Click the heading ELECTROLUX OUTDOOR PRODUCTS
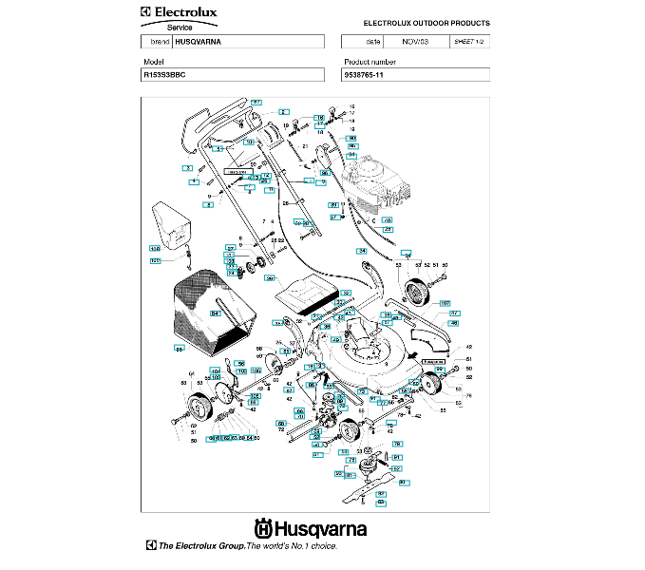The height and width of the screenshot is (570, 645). (427, 23)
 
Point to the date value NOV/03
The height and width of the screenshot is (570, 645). (415, 43)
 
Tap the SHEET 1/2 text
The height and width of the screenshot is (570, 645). (469, 43)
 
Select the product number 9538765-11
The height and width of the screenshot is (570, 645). (369, 74)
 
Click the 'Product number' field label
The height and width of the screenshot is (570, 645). (370, 62)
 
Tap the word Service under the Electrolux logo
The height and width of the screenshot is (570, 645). (180, 28)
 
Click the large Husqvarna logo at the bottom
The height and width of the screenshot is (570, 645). (310, 529)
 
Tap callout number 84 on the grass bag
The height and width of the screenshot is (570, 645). (216, 313)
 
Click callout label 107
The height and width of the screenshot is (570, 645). (445, 304)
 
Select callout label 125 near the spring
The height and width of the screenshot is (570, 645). (155, 259)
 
